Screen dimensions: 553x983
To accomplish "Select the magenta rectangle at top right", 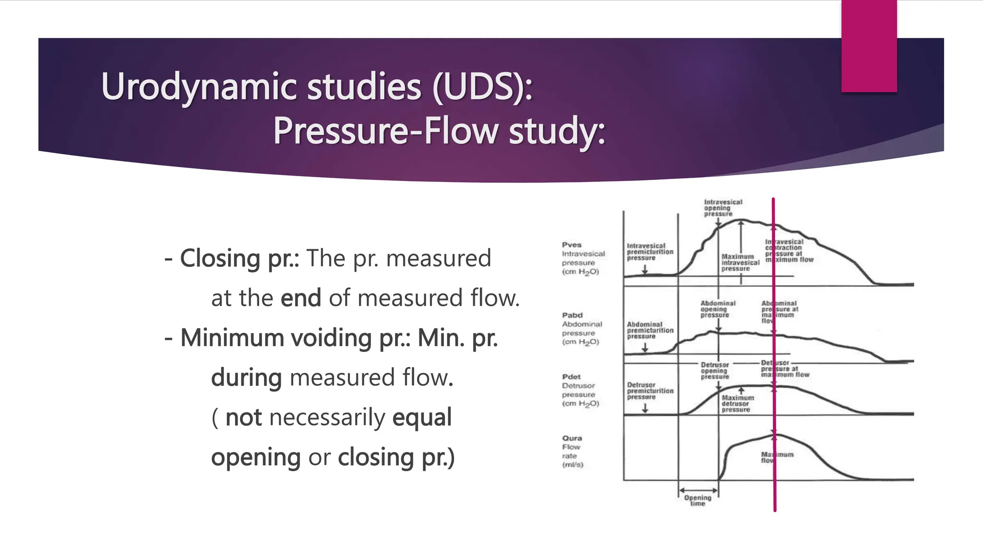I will pyautogui.click(x=869, y=46).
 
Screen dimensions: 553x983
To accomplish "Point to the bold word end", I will pyautogui.click(x=301, y=298).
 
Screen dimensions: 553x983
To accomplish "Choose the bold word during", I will pyautogui.click(x=246, y=378).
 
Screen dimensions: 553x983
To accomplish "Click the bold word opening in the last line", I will pyautogui.click(x=256, y=457).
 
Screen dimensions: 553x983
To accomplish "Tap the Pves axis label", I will pyautogui.click(x=572, y=245).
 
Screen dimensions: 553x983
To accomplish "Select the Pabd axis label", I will pyautogui.click(x=572, y=315).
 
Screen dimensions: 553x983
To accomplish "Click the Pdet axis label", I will pyautogui.click(x=571, y=377).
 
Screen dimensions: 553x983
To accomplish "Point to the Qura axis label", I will pyautogui.click(x=572, y=438).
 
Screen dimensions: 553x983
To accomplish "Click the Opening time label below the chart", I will pyautogui.click(x=697, y=500).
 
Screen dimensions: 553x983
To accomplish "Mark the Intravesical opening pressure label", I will pyautogui.click(x=723, y=208).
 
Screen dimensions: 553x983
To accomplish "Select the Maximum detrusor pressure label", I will pyautogui.click(x=738, y=404).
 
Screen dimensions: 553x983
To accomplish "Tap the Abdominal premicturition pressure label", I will pyautogui.click(x=650, y=330).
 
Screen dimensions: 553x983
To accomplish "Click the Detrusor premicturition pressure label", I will pyautogui.click(x=650, y=391).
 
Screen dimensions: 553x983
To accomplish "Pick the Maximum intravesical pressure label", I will pyautogui.click(x=740, y=263).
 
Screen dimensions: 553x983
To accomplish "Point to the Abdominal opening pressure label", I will pyautogui.click(x=718, y=309).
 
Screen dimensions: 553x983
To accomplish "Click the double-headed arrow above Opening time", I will pyautogui.click(x=698, y=491).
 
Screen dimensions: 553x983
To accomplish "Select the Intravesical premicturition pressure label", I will pyautogui.click(x=650, y=252).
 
